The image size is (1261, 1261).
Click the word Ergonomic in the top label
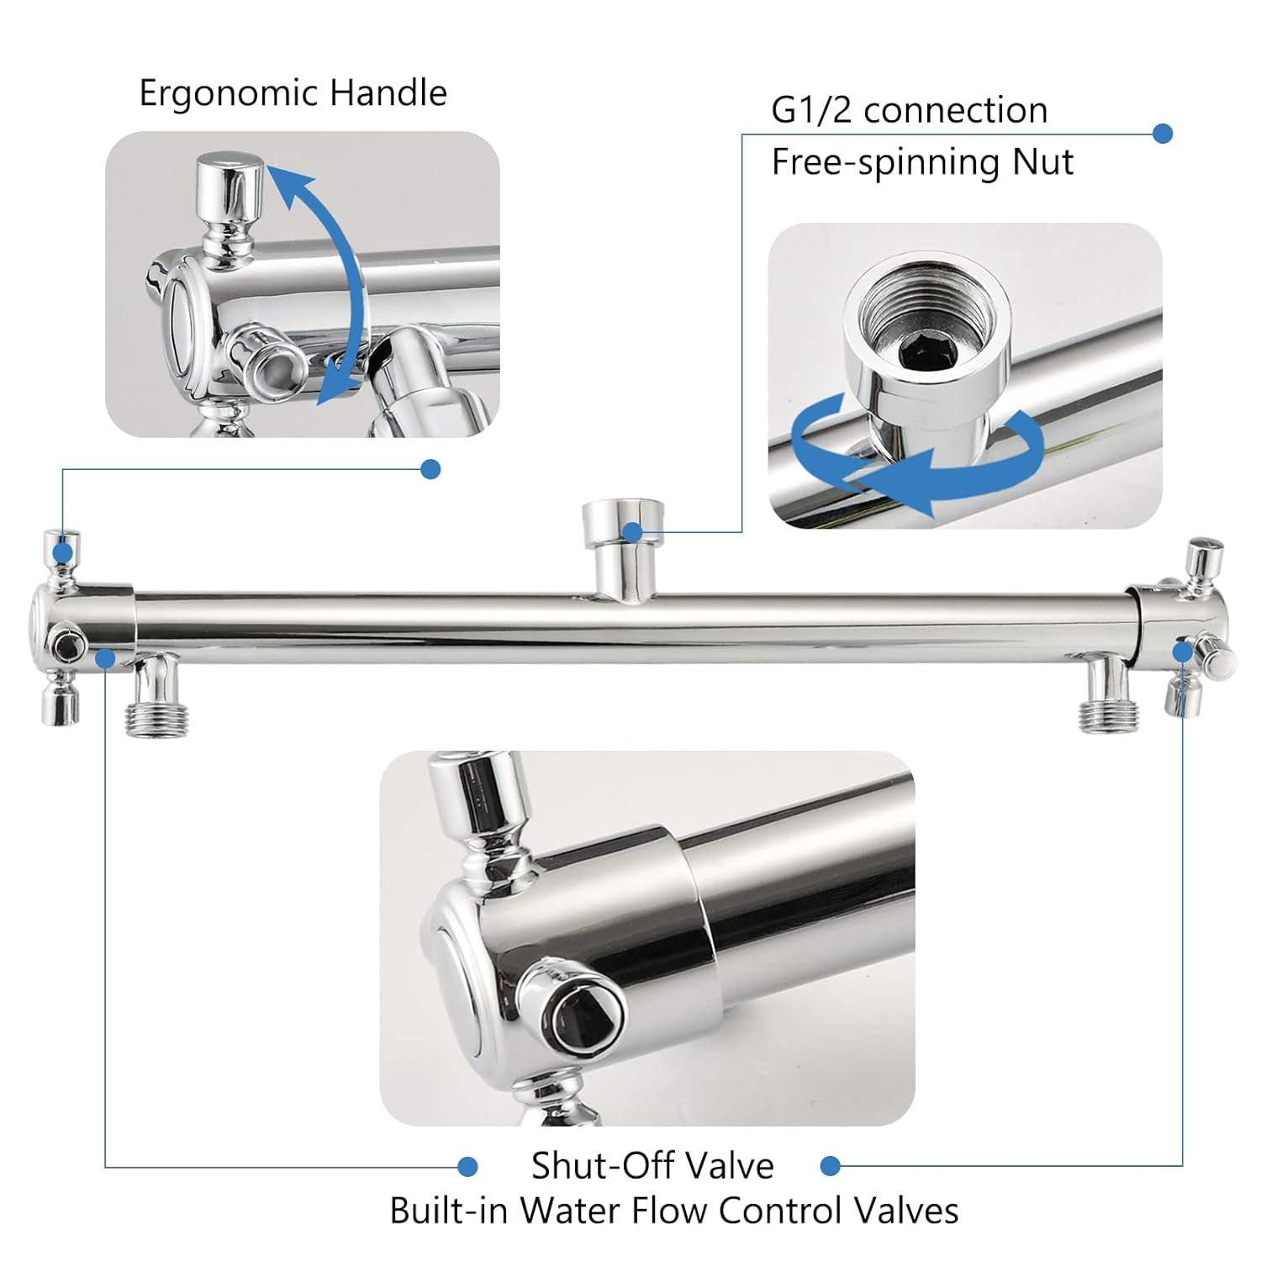[x=228, y=94]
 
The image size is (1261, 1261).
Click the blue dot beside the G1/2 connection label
[x=1163, y=134]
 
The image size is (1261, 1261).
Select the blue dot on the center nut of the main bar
[x=633, y=531]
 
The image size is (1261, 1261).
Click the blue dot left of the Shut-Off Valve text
[x=468, y=1167]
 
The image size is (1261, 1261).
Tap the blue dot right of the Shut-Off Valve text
[x=831, y=1166]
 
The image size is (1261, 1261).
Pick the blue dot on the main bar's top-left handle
[x=62, y=552]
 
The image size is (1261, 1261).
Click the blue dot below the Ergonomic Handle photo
[x=430, y=469]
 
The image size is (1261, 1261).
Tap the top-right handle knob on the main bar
[x=1204, y=557]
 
